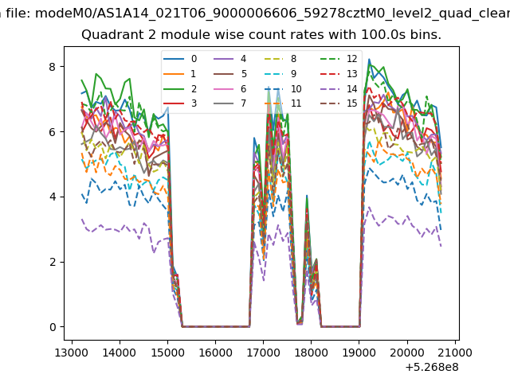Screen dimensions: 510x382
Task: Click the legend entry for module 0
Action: click(180, 59)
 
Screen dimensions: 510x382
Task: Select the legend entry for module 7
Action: click(230, 103)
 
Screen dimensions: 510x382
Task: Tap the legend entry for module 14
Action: click(339, 88)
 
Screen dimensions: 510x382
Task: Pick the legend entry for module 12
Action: click(339, 59)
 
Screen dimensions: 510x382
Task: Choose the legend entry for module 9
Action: click(280, 74)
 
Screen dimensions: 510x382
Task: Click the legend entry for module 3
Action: click(180, 103)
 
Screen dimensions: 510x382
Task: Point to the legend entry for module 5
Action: click(230, 74)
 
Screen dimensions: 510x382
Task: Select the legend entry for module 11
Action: click(282, 103)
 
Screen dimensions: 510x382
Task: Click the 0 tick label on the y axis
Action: click(53, 327)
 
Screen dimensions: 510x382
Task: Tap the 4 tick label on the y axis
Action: click(53, 197)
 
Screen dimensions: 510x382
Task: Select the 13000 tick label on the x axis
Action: click(72, 353)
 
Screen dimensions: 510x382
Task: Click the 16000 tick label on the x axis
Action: click(215, 353)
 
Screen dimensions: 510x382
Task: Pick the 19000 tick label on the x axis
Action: click(359, 353)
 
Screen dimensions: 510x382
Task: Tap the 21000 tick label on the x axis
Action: click(455, 353)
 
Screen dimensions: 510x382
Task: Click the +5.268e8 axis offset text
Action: click(432, 368)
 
